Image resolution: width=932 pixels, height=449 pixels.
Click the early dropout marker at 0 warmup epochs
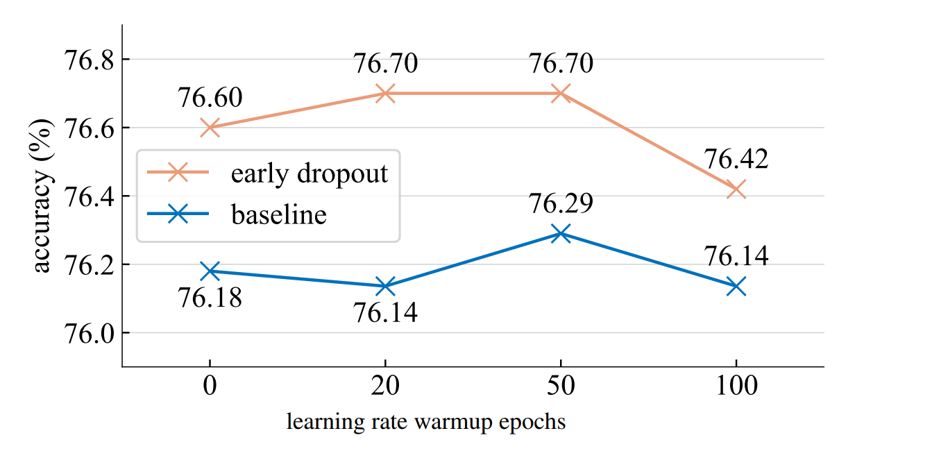pyautogui.click(x=210, y=128)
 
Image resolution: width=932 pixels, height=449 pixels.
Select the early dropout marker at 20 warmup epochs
pyautogui.click(x=385, y=93)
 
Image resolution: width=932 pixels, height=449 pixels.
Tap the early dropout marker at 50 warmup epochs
pyautogui.click(x=561, y=93)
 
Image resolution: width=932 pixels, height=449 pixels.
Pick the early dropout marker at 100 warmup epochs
pyautogui.click(x=736, y=189)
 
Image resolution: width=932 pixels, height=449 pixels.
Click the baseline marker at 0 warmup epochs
pyautogui.click(x=210, y=271)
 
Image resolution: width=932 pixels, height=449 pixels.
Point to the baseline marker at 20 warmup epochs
pyautogui.click(x=385, y=285)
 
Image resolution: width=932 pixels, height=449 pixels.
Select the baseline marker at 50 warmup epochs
pyautogui.click(x=561, y=234)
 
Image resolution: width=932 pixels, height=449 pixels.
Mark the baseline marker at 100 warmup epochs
pyautogui.click(x=736, y=285)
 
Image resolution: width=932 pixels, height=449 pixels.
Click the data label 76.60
pyautogui.click(x=210, y=99)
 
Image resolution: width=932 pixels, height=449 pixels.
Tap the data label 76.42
pyautogui.click(x=736, y=160)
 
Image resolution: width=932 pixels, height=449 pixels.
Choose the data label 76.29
pyautogui.click(x=561, y=205)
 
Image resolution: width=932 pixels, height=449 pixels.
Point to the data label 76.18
pyautogui.click(x=210, y=299)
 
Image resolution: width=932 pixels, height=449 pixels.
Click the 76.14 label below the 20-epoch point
pyautogui.click(x=385, y=314)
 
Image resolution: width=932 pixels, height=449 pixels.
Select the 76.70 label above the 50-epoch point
pyautogui.click(x=561, y=64)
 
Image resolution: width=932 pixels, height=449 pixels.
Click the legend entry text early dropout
pyautogui.click(x=309, y=173)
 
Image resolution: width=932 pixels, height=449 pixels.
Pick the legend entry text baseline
pyautogui.click(x=278, y=214)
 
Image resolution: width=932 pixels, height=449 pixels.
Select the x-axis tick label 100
pyautogui.click(x=736, y=386)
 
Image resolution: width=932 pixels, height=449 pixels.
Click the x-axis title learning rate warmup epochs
pyautogui.click(x=426, y=421)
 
